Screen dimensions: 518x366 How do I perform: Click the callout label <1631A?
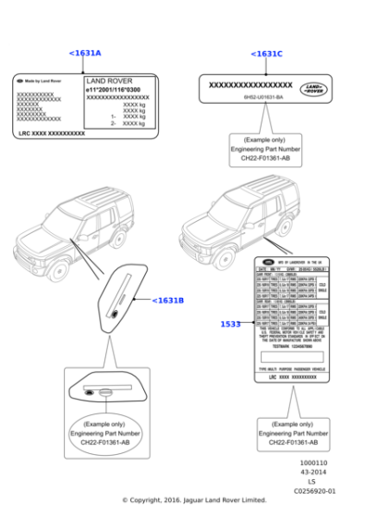(85, 54)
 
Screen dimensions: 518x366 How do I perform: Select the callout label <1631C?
(266, 54)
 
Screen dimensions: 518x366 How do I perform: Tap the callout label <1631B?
(167, 300)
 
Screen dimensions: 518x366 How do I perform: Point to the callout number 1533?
(231, 324)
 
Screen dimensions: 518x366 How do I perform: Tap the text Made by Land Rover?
(43, 81)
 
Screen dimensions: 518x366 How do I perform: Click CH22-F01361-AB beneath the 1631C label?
(267, 158)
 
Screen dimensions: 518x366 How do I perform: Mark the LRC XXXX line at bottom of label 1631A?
(52, 134)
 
